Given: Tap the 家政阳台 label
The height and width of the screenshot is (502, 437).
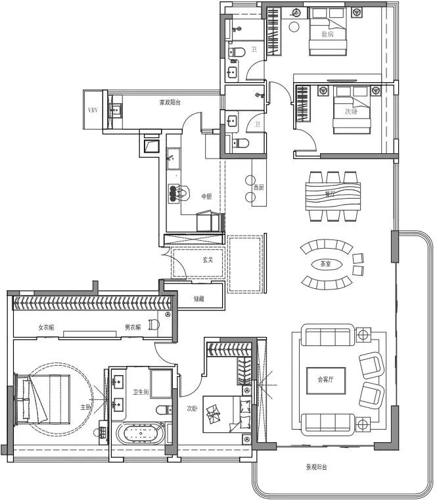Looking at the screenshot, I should coord(170,103).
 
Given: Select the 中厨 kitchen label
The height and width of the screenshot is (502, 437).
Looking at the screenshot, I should coord(207,196).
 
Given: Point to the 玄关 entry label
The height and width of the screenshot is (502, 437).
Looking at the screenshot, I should coord(208,260).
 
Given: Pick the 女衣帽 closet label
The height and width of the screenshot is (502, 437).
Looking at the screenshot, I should coord(45,327).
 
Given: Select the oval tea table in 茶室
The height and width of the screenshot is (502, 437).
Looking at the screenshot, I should coord(326,264).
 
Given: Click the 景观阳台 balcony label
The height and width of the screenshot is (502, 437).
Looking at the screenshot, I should coord(316,468).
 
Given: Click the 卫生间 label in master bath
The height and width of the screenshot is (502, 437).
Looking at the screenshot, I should coord(141,393).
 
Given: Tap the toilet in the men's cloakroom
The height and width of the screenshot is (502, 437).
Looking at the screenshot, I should coord(153,324).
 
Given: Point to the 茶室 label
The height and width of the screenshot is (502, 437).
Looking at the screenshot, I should coord(325,264).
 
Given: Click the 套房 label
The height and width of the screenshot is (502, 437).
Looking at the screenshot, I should coord(327,34).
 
